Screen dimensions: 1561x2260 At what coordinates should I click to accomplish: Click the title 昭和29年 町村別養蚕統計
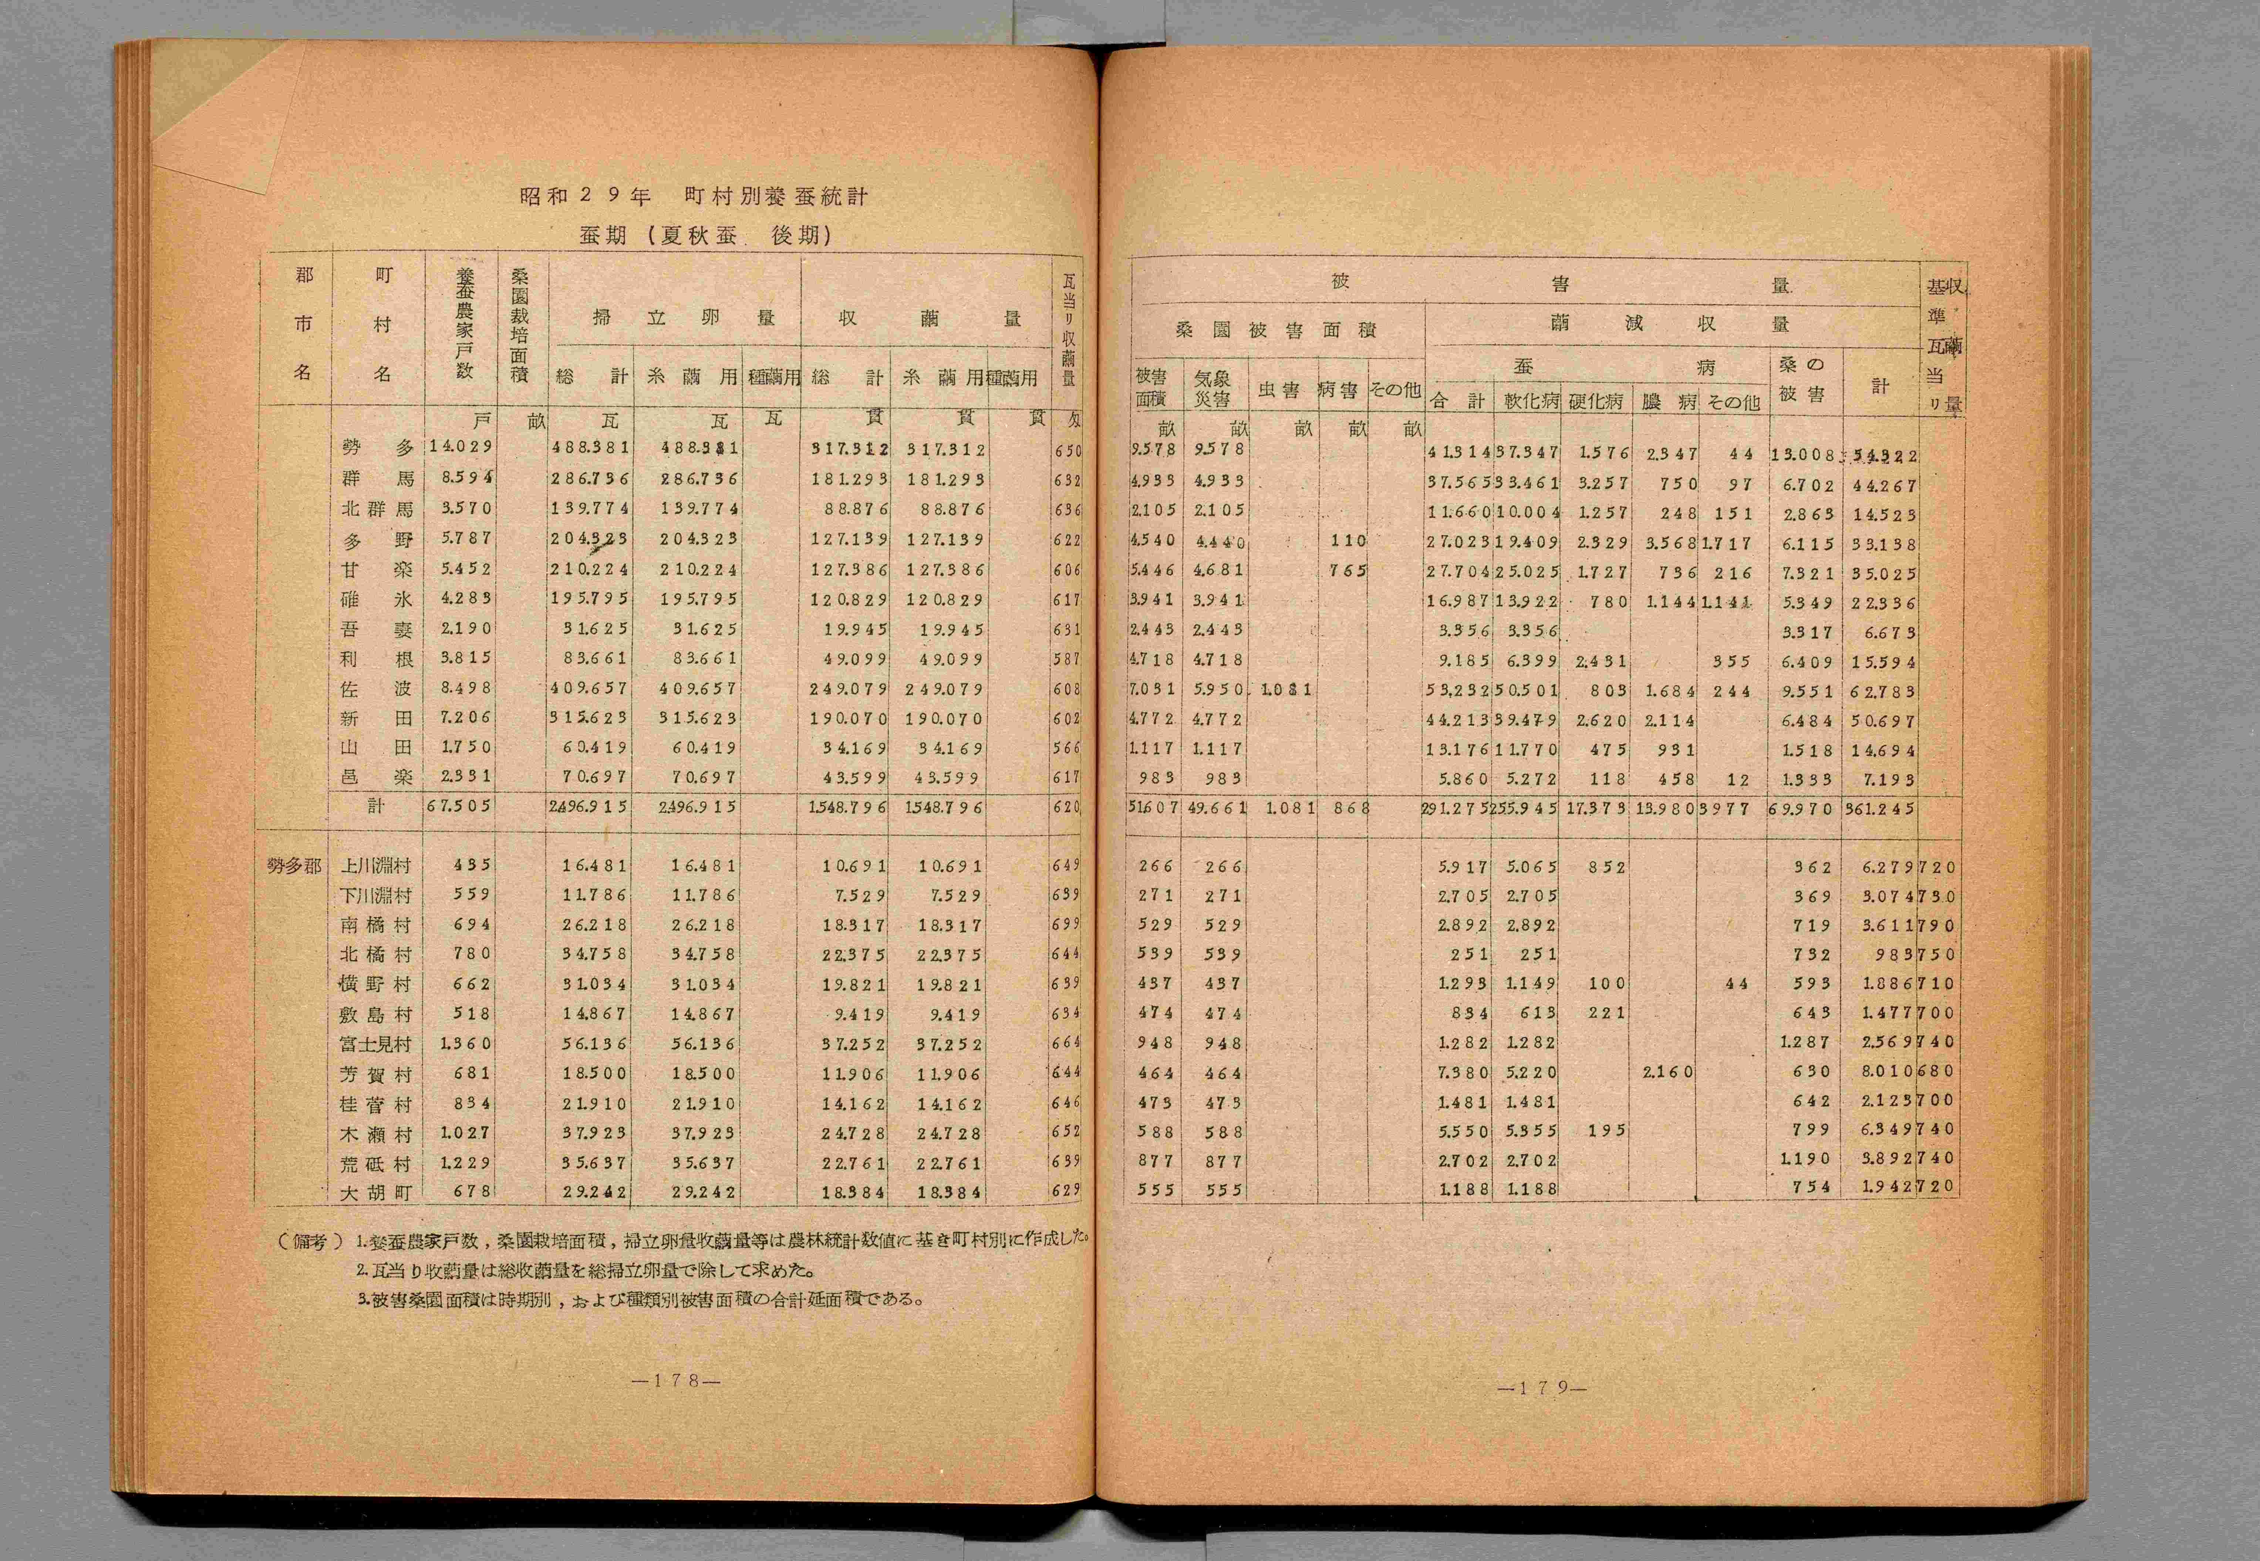coord(694,196)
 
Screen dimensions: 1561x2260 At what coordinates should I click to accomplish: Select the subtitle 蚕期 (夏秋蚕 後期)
coord(704,236)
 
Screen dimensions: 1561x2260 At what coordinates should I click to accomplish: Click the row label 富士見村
coord(375,1044)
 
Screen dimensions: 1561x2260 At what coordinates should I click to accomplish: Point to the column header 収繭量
coord(927,318)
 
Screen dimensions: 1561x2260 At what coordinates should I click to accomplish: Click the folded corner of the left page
coord(210,112)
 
